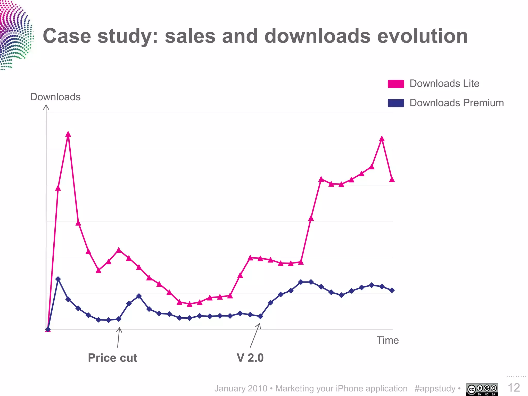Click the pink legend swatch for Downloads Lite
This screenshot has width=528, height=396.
[396, 84]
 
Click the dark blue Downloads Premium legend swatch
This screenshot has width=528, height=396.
[396, 103]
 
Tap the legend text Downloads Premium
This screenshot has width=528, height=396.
[457, 103]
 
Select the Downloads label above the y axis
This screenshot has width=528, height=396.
[55, 97]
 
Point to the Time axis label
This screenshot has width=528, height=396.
[387, 340]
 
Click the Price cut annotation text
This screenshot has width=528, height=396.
[112, 358]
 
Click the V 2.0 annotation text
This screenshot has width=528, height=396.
[250, 358]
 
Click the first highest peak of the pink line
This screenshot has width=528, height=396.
[68, 134]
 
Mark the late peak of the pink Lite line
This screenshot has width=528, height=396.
[382, 139]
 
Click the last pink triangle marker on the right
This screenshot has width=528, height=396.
[392, 179]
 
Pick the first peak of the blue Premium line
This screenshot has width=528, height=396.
[58, 279]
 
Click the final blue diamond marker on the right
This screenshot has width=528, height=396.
[392, 290]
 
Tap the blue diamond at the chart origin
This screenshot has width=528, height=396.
[48, 329]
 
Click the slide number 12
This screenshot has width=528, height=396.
[514, 388]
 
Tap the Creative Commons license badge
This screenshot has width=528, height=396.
[482, 389]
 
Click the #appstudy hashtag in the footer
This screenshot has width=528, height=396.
[435, 389]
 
